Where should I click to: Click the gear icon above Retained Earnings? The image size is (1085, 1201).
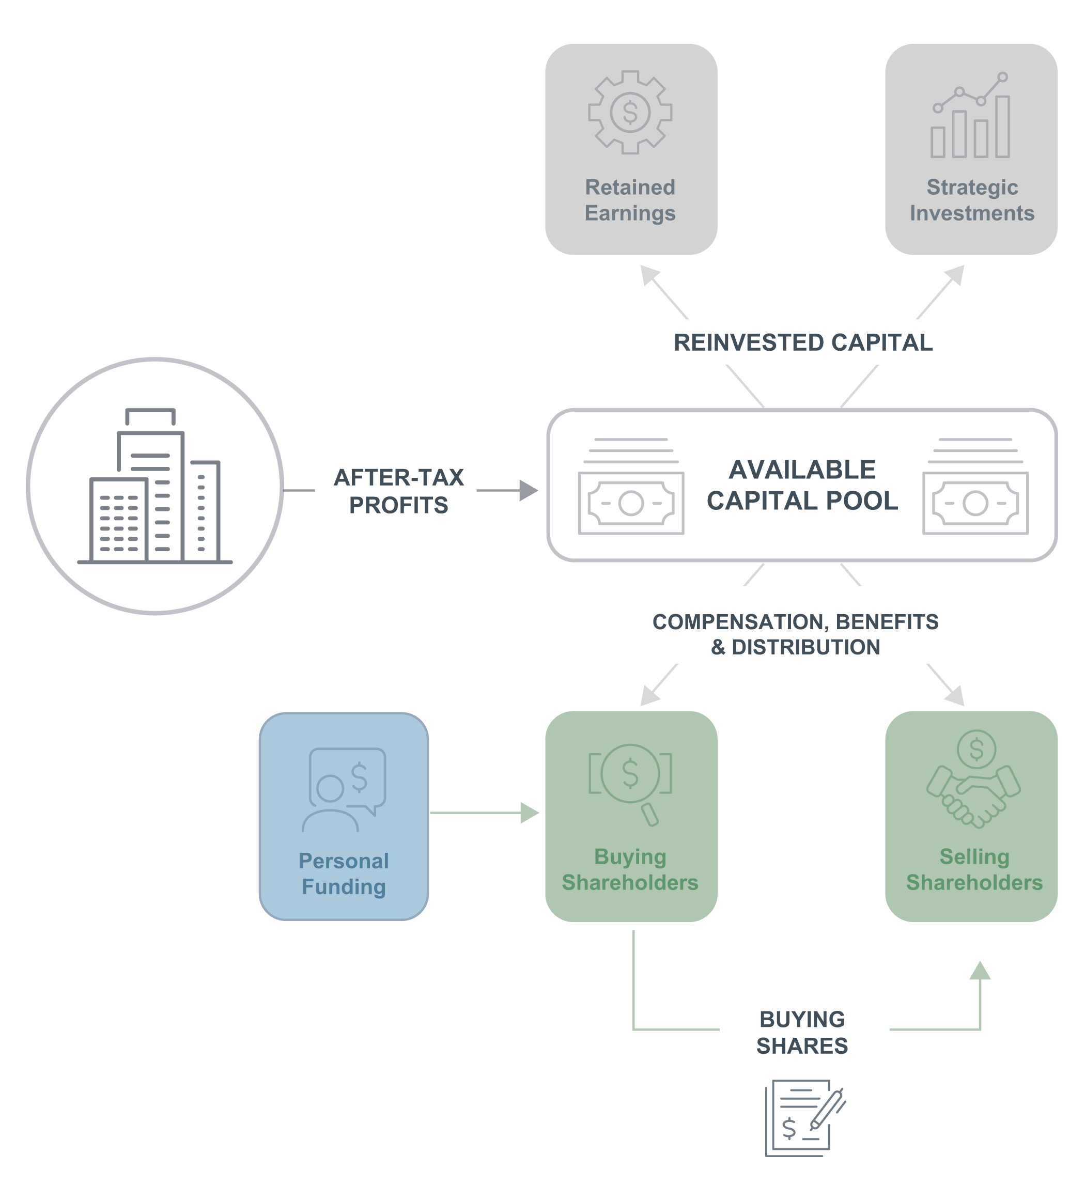tap(630, 112)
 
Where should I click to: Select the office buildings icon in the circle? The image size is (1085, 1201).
tap(154, 486)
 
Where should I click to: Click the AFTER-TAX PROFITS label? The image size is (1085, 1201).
tap(398, 491)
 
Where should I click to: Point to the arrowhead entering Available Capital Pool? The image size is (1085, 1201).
tap(529, 490)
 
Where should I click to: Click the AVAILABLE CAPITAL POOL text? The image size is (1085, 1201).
tap(802, 485)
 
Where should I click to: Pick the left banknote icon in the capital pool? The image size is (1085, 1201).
tap(630, 486)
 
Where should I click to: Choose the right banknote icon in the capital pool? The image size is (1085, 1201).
tap(975, 486)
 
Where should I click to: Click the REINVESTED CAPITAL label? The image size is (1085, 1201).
tap(802, 342)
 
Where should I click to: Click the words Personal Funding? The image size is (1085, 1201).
tap(344, 874)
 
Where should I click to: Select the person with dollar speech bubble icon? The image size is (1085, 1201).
tap(344, 790)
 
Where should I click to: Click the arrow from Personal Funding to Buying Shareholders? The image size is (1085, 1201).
tap(484, 813)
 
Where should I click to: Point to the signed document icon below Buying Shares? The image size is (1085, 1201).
tap(805, 1118)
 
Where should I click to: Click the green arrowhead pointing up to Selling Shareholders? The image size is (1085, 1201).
tap(980, 971)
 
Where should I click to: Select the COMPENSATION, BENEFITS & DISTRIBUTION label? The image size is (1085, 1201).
tap(796, 634)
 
